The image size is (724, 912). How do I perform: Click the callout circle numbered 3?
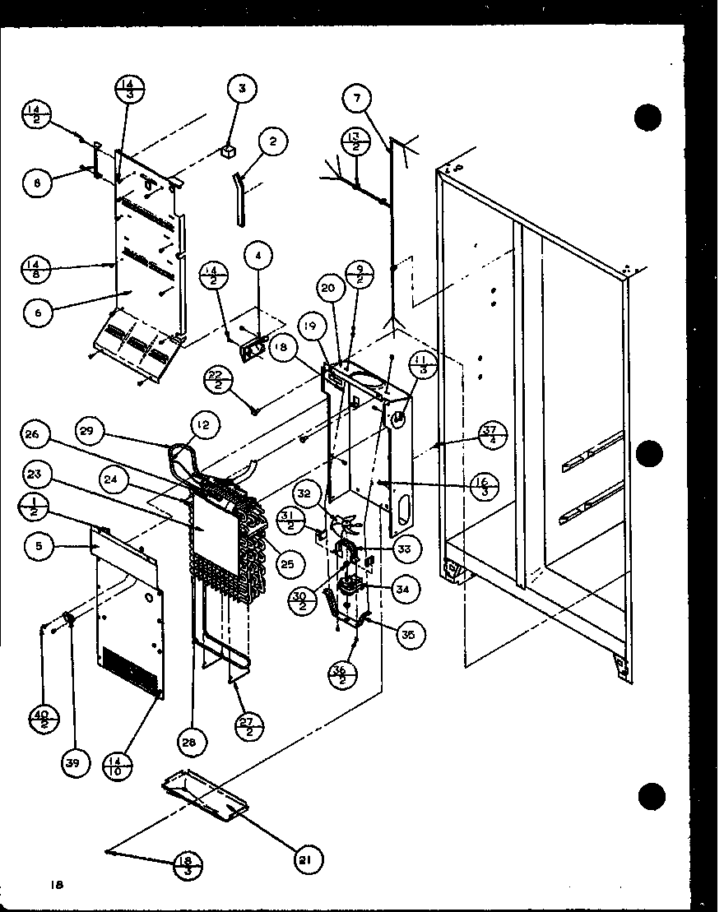[241, 88]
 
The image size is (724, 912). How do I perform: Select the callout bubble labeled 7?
[356, 100]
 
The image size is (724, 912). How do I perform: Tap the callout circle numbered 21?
[306, 859]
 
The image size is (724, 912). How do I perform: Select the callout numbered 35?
[406, 634]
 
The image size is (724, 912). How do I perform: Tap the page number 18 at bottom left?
[56, 885]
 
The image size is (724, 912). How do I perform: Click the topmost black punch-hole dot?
[648, 117]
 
